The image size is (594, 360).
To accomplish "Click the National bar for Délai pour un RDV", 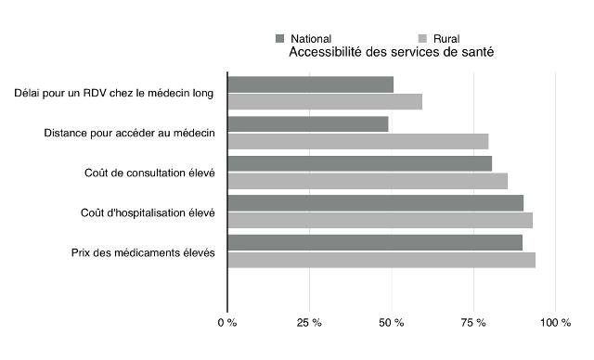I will (311, 84).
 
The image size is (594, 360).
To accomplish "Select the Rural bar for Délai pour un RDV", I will (325, 102).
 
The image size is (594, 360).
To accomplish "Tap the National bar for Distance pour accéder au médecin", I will (308, 124).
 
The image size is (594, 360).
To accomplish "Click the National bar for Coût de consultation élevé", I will (360, 163).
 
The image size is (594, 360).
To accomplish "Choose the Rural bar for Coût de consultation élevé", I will (368, 181).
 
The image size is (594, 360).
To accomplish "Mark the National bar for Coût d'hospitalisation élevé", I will (376, 202).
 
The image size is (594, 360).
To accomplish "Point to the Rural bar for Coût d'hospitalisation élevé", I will (381, 220).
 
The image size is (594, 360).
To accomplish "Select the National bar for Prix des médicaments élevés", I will (375, 242).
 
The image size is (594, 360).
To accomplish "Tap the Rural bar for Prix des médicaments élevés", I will (381, 260).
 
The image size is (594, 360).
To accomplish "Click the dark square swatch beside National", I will (279, 38).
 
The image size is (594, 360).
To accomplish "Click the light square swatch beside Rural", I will (423, 38).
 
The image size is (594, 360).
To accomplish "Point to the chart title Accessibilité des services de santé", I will (391, 53).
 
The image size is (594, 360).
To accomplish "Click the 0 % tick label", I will (227, 323).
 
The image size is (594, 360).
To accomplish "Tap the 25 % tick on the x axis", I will (309, 323).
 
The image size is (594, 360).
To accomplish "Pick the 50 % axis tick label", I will (392, 323).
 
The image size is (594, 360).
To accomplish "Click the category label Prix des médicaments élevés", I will (143, 252).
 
